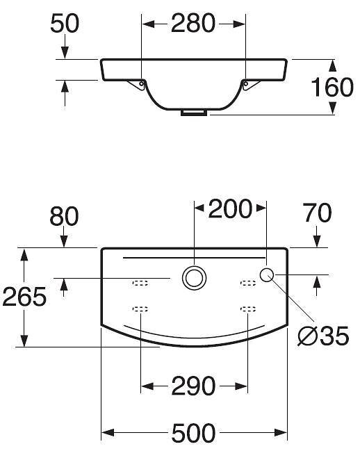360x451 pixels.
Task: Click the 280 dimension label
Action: click(x=193, y=24)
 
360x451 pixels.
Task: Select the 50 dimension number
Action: click(x=65, y=24)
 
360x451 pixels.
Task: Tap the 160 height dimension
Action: click(x=332, y=87)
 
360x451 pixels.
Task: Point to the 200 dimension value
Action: click(x=230, y=208)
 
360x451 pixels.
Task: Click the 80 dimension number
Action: click(x=64, y=216)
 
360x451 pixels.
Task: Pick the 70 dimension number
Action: click(x=318, y=213)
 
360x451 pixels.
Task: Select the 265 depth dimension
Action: click(x=24, y=297)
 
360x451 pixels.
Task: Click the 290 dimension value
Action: click(x=193, y=386)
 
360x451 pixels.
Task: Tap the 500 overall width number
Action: click(x=193, y=433)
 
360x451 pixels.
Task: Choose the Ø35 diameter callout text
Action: click(x=323, y=336)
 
